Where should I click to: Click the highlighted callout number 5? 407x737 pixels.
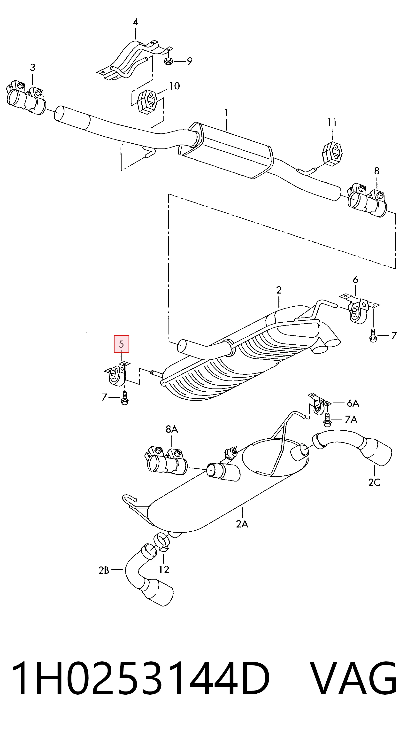click(x=121, y=344)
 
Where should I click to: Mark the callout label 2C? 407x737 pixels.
click(x=374, y=482)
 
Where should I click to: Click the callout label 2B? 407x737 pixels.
click(x=104, y=570)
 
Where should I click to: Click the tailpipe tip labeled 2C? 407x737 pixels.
click(x=377, y=451)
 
